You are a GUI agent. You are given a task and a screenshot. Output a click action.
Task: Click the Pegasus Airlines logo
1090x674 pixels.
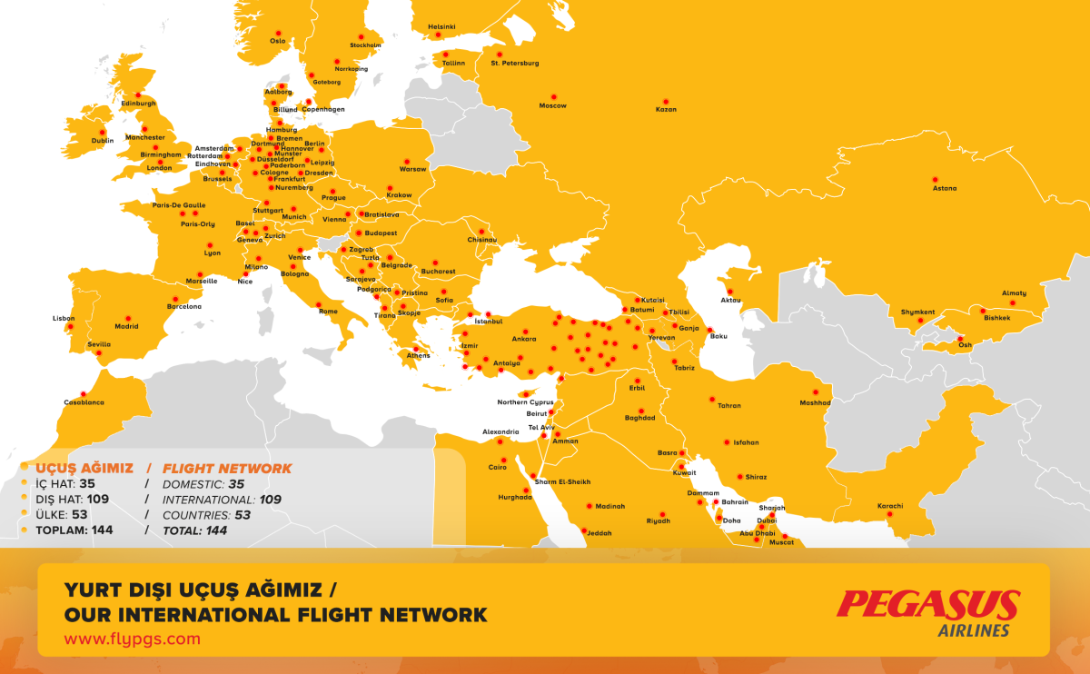coord(927,611)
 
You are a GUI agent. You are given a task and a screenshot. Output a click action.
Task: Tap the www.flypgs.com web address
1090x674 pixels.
coord(132,639)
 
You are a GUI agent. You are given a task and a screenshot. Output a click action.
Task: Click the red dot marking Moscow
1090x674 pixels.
coord(553,96)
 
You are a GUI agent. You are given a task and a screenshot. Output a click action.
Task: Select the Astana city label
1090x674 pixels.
coord(945,189)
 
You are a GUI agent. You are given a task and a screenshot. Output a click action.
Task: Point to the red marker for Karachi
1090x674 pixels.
coord(889,514)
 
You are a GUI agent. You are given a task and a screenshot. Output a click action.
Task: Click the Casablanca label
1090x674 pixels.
coord(84,401)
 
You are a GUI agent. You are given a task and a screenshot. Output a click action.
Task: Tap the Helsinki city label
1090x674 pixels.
coord(441,27)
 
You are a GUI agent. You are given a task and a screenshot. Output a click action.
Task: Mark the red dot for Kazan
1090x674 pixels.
coord(665,101)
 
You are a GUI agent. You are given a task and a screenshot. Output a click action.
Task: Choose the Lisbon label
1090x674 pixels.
coord(64,318)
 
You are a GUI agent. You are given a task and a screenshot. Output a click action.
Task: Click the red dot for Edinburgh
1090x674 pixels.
coord(138,94)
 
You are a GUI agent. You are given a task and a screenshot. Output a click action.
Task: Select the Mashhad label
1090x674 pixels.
coord(815,402)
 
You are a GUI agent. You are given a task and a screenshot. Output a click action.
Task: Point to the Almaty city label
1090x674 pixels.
coord(1014,292)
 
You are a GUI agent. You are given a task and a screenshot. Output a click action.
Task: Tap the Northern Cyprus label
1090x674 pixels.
coord(525,402)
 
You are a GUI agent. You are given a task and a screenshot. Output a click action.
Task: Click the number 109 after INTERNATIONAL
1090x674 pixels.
coord(270,500)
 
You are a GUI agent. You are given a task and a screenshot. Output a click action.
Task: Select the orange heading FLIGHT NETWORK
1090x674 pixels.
coord(227,469)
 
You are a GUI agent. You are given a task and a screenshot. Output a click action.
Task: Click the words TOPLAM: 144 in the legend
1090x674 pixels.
coord(74,530)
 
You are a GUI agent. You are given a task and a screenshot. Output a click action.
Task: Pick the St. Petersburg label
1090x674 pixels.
coord(515,63)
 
